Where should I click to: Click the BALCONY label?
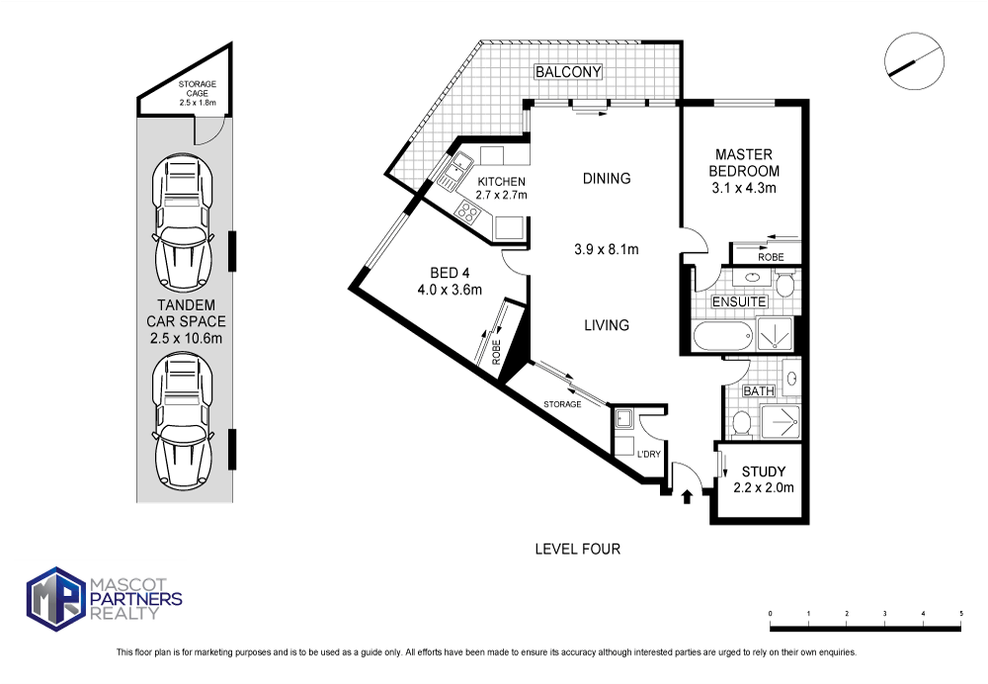(x=568, y=72)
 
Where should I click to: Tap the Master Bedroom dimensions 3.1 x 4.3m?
(x=744, y=187)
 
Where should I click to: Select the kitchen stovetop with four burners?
(x=468, y=212)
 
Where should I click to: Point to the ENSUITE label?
(x=739, y=301)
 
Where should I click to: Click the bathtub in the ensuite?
(x=723, y=335)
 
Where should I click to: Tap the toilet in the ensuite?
(x=784, y=285)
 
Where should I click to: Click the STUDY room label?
(x=763, y=471)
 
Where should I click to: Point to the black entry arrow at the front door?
(x=687, y=497)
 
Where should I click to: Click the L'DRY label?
(x=648, y=454)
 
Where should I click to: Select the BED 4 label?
(x=450, y=273)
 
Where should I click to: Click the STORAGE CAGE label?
(x=197, y=88)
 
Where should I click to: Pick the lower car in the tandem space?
(x=182, y=419)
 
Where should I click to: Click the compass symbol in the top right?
(x=914, y=62)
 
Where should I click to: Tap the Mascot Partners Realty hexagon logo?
(x=56, y=598)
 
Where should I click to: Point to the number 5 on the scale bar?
(x=961, y=614)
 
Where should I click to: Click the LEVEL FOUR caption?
(x=577, y=550)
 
